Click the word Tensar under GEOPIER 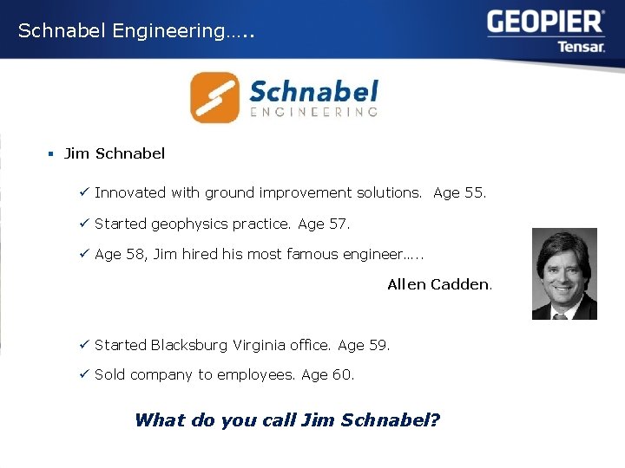(581, 46)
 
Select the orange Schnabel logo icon (214, 97)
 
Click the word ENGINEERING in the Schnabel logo (313, 112)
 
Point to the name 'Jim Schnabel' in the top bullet (115, 153)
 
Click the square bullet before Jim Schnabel (51, 153)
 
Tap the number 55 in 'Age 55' (475, 192)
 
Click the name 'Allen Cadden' (437, 284)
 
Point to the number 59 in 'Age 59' (378, 345)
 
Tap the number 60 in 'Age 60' (343, 374)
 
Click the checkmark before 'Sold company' (84, 374)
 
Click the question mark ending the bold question (435, 420)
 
